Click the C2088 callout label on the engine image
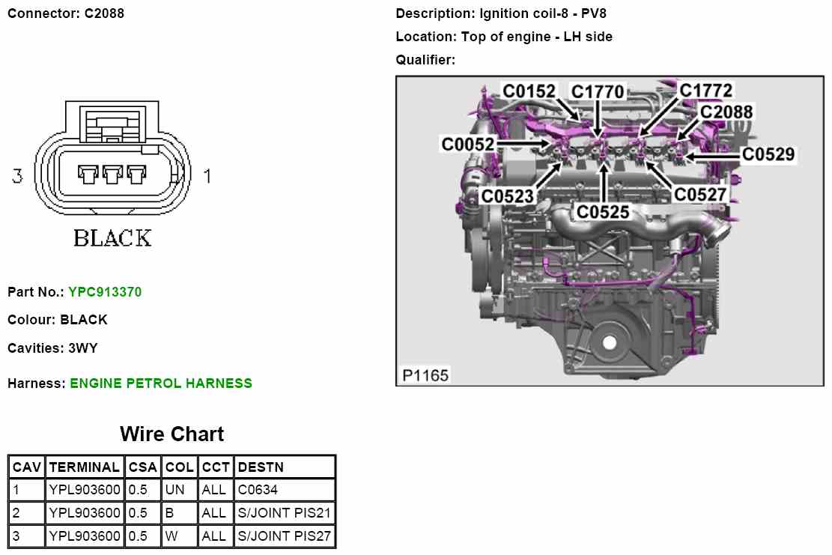point(726,112)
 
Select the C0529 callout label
point(768,154)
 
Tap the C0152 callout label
point(529,91)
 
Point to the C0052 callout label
point(468,143)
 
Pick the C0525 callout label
point(602,212)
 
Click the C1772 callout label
point(705,91)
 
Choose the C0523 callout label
point(507,196)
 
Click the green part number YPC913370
point(104,292)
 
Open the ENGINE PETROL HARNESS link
point(161,383)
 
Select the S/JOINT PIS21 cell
point(284,513)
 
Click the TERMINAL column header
point(84,467)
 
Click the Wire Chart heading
point(171,434)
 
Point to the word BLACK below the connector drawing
point(112,238)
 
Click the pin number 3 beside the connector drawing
point(17,177)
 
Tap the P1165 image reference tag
point(425,374)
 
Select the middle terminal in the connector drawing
point(112,175)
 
